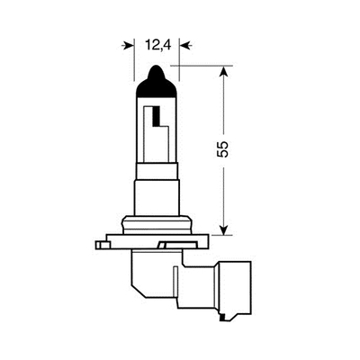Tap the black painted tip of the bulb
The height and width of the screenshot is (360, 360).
157,80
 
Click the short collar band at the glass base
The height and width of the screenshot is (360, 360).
157,166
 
